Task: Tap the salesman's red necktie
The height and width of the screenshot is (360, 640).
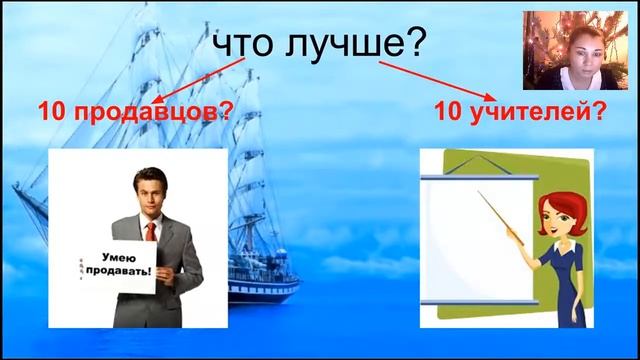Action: point(150,233)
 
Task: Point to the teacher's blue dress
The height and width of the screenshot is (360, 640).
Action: point(555,285)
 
